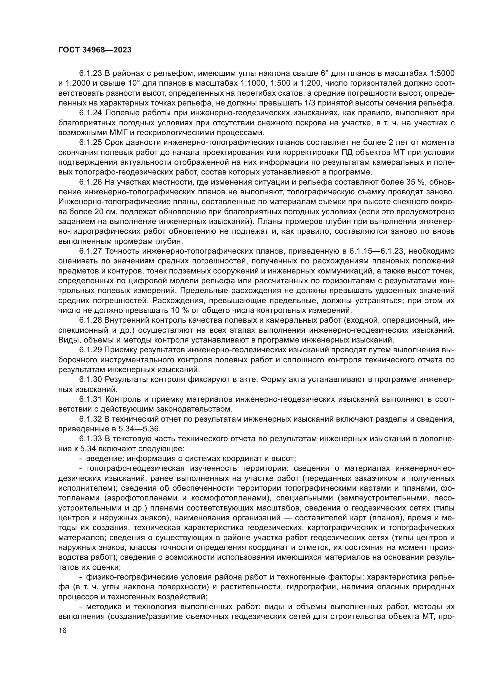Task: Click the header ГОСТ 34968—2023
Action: (95, 50)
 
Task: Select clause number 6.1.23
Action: (91, 73)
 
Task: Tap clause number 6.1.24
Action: (91, 113)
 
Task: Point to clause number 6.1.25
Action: (91, 143)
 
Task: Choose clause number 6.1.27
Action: (91, 251)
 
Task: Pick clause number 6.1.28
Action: (91, 320)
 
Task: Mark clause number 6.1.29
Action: (91, 350)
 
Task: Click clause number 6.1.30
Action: (91, 380)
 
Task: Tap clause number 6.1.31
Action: (91, 399)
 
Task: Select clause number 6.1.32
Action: (91, 419)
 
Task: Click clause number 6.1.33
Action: (91, 439)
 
